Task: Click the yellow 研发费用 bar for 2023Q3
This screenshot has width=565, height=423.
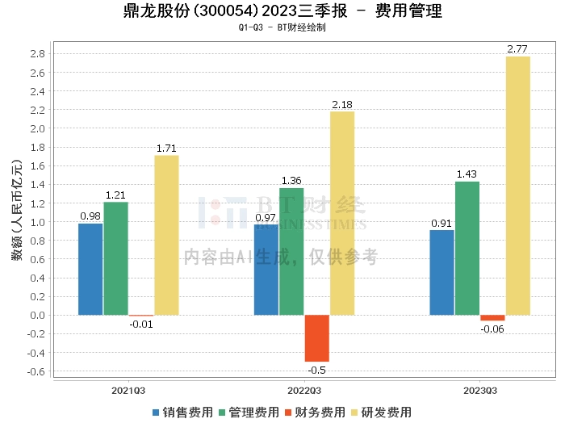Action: pos(517,186)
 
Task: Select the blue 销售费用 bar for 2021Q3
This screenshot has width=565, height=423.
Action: pos(90,269)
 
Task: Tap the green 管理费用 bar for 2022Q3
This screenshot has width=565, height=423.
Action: pos(291,251)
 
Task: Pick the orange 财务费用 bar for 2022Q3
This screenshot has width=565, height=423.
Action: pos(316,338)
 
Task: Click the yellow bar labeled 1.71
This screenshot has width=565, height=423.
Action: pos(166,235)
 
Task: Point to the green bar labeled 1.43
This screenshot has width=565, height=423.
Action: pos(467,248)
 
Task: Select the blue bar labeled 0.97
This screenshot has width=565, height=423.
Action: pos(266,270)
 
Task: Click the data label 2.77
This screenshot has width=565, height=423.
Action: pos(517,49)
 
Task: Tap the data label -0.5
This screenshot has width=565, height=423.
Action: pos(317,370)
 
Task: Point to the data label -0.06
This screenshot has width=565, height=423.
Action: pos(492,329)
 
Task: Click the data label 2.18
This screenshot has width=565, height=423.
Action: pos(342,105)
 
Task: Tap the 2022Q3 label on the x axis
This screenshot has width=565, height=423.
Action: pos(304,391)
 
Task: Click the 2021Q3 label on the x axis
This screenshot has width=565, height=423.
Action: pos(128,391)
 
